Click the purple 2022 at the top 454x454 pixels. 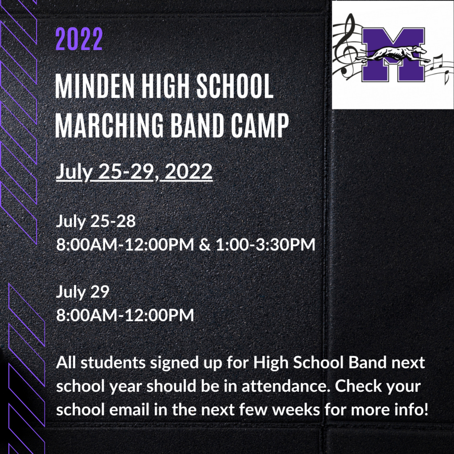79,39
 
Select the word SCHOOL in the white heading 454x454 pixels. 235,86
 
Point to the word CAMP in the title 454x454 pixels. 260,125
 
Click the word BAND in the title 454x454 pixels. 197,125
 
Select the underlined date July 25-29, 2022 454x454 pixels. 134,172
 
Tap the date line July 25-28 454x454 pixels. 96,221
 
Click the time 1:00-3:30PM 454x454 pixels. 266,244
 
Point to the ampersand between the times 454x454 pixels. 205,244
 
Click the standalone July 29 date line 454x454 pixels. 82,292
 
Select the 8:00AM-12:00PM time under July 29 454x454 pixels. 125,315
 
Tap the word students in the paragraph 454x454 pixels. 113,363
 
